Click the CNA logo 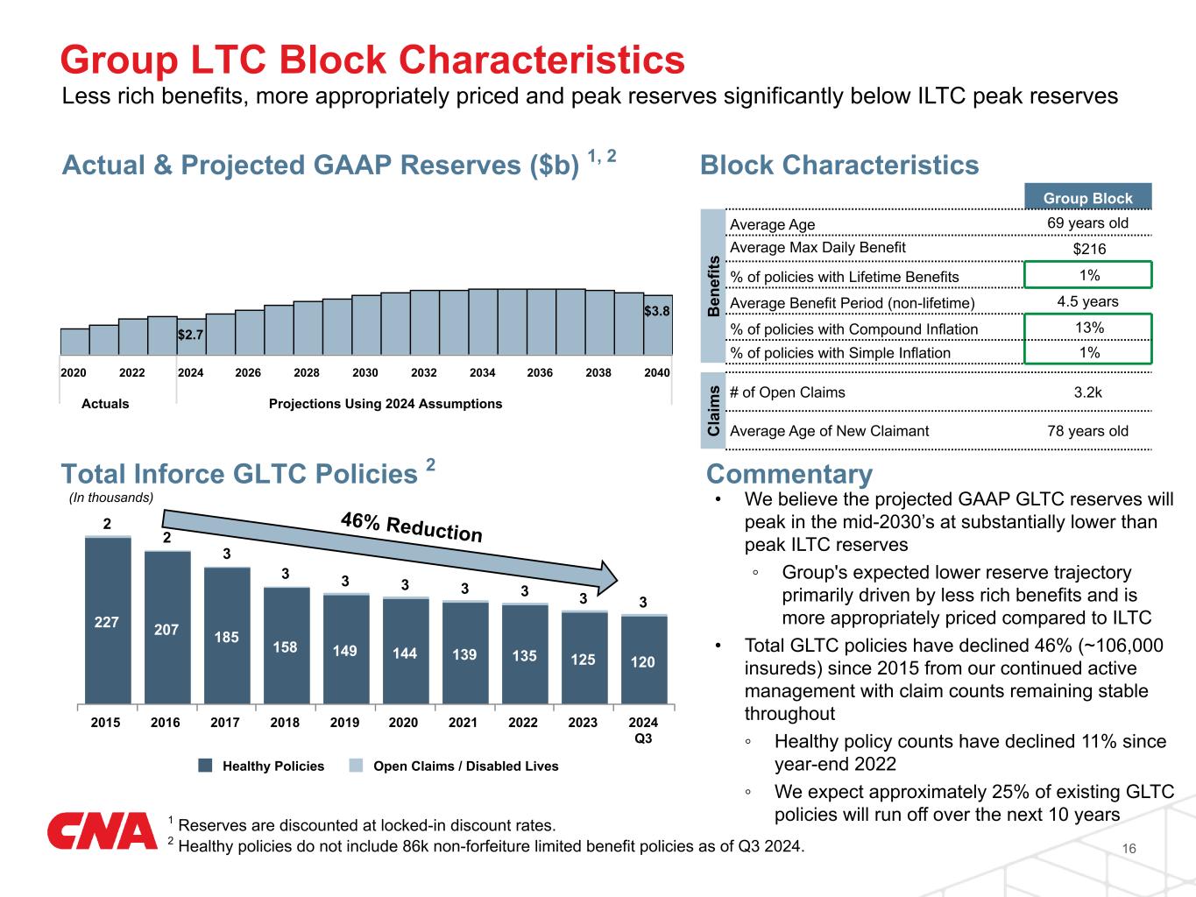point(102,830)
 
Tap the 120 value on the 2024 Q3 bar point(643,661)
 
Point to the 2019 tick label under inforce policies point(344,723)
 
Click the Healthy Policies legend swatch point(206,766)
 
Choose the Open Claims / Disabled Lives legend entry point(465,766)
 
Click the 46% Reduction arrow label point(412,528)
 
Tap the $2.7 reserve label point(191,335)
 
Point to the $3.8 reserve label point(657,311)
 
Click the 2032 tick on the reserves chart point(424,372)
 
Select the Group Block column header point(1087,198)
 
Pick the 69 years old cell point(1087,223)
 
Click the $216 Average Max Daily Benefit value point(1089,249)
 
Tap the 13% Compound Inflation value point(1088,328)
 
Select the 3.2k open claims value point(1088,392)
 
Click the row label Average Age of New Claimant point(829,430)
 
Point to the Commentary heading point(789,474)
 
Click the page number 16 point(1129,849)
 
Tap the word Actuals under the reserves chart point(105,404)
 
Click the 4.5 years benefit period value point(1088,301)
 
